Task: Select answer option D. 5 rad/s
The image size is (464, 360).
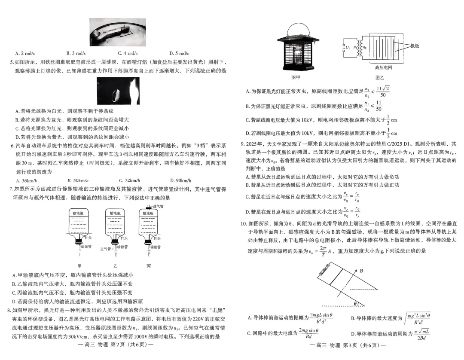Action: (179, 53)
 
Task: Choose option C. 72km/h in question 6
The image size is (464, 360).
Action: (129, 180)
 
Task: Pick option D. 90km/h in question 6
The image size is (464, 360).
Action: (180, 180)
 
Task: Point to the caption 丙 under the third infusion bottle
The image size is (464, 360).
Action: (149, 266)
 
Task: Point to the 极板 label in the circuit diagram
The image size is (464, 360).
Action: (415, 45)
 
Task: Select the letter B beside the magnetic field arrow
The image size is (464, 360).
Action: (362, 271)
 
